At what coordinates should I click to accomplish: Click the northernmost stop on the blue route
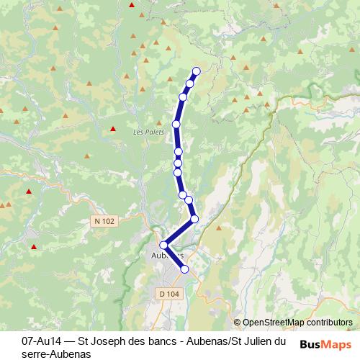tap(196, 71)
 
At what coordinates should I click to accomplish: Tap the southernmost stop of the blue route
tap(184, 269)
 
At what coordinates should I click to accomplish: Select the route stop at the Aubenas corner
tap(164, 245)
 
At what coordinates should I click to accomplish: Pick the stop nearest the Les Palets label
tap(176, 125)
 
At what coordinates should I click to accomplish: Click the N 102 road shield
tap(104, 220)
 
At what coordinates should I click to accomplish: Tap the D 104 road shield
tap(167, 293)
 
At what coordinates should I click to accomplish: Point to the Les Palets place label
tap(145, 132)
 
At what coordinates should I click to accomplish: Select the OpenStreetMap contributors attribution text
tap(297, 323)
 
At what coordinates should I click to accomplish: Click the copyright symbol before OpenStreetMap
tap(238, 323)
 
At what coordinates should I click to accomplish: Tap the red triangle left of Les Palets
tap(113, 130)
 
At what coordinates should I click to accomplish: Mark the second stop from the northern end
tap(190, 84)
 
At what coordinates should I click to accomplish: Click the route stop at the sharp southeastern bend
tap(194, 218)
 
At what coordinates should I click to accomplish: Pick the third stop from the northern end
tap(184, 96)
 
